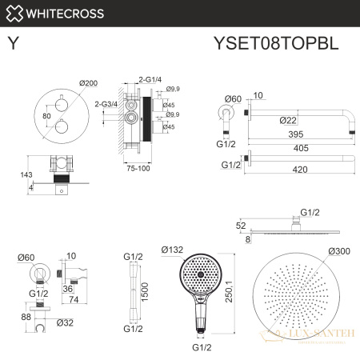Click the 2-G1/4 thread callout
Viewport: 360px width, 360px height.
[150, 79]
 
